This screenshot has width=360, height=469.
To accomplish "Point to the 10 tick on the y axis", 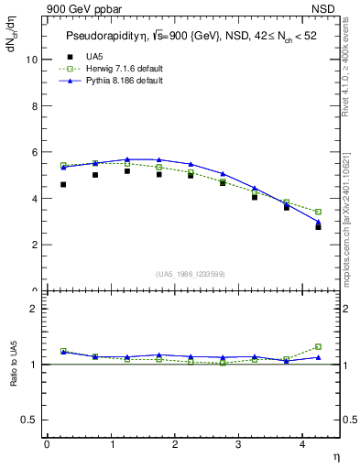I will tap(33, 60).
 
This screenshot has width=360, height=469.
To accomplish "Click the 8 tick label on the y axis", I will tap(35, 106).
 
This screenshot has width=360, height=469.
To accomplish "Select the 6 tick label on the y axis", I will tap(35, 152).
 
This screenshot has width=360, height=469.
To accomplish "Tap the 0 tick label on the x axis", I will tap(48, 444).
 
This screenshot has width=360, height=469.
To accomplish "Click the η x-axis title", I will tap(334, 455).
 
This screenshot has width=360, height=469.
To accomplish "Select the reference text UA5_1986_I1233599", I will tap(191, 275).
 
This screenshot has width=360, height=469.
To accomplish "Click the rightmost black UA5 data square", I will tap(318, 226).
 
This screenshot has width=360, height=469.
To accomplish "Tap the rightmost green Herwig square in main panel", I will tap(318, 212).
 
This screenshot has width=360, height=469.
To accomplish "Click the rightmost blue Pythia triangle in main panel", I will tap(318, 221).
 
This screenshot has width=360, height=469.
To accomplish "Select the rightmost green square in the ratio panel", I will tap(318, 346).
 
